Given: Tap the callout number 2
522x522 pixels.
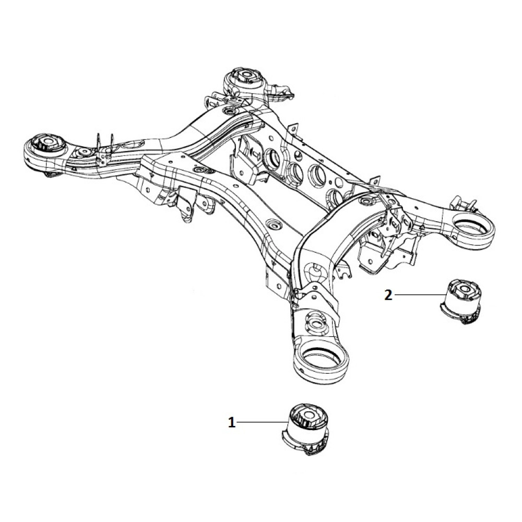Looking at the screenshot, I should click(x=388, y=295).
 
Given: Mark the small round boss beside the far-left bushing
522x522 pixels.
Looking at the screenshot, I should click(x=84, y=153).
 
